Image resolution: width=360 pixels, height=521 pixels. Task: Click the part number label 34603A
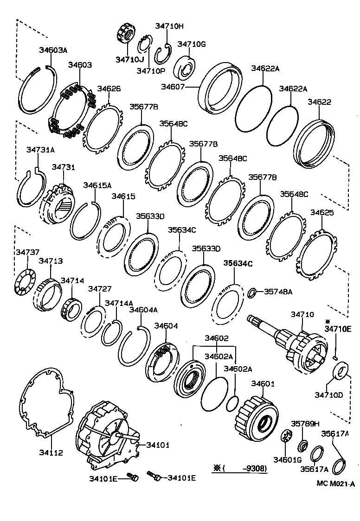point(52,50)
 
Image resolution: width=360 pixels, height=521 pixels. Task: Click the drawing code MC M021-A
point(336,483)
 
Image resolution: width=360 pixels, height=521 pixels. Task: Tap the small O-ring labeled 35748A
point(251,292)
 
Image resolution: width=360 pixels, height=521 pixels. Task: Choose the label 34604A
point(143,310)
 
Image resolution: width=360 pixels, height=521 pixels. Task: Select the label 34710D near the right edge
point(329,395)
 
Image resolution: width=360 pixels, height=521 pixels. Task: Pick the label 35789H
point(305,424)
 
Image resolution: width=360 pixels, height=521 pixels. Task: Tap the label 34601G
point(288,460)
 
